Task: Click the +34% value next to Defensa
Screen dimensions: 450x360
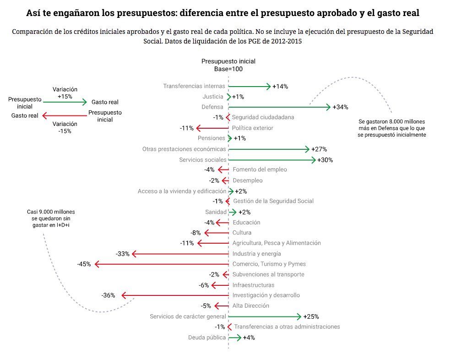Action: point(341,107)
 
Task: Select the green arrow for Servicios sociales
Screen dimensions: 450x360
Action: point(272,160)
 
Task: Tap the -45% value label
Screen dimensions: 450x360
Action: point(84,264)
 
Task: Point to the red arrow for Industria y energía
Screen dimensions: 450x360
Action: point(180,254)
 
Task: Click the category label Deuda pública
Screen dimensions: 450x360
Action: point(207,337)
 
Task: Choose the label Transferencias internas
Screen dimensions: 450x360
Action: point(194,86)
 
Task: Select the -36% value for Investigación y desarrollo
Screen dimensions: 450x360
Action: point(108,295)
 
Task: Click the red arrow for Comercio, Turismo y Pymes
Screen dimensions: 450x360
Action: point(162,264)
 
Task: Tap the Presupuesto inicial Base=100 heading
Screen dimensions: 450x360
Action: point(228,65)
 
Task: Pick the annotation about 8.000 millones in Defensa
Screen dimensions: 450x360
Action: point(392,128)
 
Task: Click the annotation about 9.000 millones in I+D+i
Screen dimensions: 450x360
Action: point(51,218)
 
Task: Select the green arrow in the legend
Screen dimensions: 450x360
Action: point(65,102)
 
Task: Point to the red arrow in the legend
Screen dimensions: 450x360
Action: point(65,116)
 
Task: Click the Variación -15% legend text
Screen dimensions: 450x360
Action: point(65,127)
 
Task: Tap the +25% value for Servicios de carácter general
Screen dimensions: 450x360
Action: point(311,316)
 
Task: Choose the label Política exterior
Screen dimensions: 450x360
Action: point(253,128)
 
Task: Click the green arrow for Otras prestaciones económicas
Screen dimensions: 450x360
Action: point(269,149)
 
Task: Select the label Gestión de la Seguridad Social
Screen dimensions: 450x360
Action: point(273,201)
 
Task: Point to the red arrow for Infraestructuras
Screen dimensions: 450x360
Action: point(220,285)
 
